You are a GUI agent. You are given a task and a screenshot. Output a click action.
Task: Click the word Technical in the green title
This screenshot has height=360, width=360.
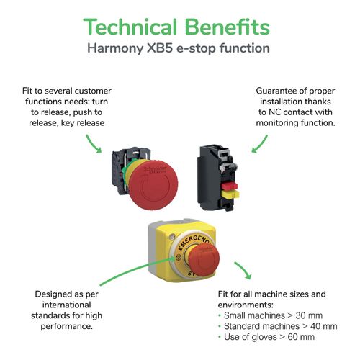[x=130, y=27]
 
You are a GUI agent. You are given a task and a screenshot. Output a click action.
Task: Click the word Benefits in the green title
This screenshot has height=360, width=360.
[x=228, y=27]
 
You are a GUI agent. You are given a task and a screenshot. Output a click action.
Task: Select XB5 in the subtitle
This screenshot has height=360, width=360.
[x=160, y=48]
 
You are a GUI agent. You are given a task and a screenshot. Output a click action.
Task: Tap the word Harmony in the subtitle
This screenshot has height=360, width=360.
[x=115, y=49]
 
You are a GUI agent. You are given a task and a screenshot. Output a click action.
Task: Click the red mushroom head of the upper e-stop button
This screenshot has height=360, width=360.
[x=153, y=184]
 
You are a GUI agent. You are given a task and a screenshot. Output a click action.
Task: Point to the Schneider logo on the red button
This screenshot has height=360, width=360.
[x=156, y=169]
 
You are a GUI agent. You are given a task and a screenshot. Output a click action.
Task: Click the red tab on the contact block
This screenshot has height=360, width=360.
[x=230, y=186]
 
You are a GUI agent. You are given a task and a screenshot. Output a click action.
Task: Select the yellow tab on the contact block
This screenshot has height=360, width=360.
[x=230, y=194]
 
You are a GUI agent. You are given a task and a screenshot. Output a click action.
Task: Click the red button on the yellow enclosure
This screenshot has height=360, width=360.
[x=203, y=260]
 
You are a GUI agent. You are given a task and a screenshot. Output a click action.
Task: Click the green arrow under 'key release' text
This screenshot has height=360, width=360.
[x=94, y=143]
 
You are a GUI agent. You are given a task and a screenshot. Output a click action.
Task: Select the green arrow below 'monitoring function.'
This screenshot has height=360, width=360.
[x=259, y=144]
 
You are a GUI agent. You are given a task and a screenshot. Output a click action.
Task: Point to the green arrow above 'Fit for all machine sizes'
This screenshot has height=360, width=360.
[x=243, y=271]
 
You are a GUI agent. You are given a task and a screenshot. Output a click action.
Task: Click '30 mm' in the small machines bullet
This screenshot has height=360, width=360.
[x=309, y=315]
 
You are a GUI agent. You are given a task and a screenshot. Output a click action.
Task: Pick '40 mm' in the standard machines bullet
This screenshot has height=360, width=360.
[x=324, y=326]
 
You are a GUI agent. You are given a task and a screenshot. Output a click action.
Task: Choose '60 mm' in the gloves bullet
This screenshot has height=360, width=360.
[x=301, y=337]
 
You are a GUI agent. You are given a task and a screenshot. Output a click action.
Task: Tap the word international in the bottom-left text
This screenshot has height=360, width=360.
[x=66, y=305]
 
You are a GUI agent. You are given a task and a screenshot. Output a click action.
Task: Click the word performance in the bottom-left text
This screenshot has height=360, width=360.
[x=66, y=327]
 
